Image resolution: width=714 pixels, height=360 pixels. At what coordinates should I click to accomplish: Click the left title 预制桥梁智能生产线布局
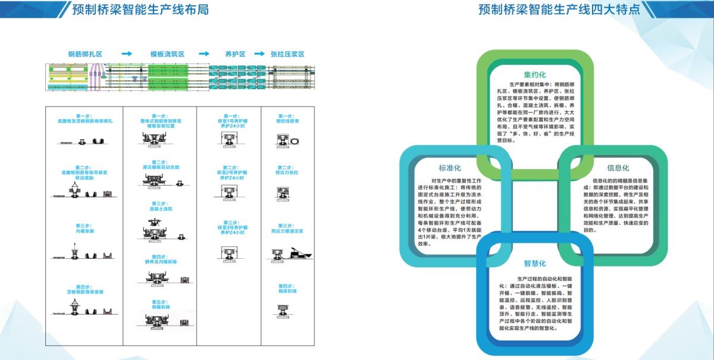[x=140, y=10]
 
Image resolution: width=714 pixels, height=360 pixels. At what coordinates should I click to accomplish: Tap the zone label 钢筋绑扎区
[x=85, y=54]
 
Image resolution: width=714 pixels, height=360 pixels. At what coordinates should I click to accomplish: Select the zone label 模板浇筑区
[x=167, y=54]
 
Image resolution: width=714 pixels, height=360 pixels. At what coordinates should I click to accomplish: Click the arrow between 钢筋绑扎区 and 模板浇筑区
[x=126, y=54]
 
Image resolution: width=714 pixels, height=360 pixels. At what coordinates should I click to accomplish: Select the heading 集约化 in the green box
[x=535, y=76]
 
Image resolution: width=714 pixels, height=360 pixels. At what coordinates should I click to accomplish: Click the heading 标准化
[x=450, y=168]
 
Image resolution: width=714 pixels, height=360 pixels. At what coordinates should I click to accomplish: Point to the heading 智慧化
[x=535, y=263]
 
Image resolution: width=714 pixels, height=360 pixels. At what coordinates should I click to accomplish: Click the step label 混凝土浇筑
[x=161, y=209]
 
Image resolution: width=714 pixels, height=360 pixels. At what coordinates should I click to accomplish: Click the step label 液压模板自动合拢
[x=161, y=167]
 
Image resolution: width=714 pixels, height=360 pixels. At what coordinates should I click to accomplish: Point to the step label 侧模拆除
[x=161, y=307]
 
